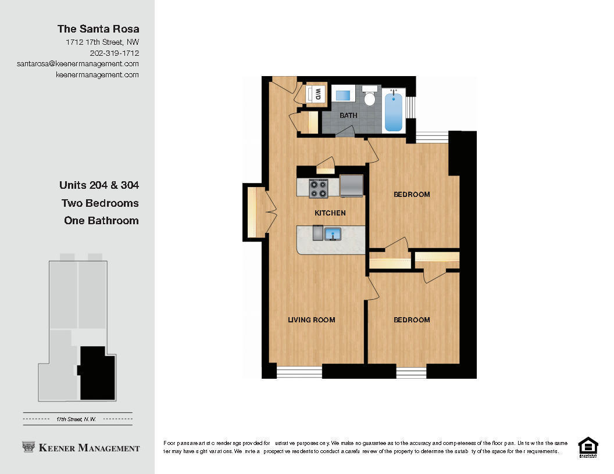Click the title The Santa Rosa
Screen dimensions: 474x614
pyautogui.click(x=98, y=29)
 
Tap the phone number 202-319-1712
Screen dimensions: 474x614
pyautogui.click(x=115, y=53)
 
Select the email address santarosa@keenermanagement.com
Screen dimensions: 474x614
pyautogui.click(x=78, y=64)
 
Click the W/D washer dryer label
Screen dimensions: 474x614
pyautogui.click(x=317, y=94)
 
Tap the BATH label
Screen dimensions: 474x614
pyautogui.click(x=348, y=116)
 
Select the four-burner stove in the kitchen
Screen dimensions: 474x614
pyautogui.click(x=318, y=188)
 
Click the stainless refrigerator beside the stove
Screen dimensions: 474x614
pyautogui.click(x=351, y=186)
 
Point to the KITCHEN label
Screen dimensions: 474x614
pyautogui.click(x=330, y=213)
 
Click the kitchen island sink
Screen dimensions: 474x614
pyautogui.click(x=333, y=234)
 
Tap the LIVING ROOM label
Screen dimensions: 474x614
pyautogui.click(x=312, y=320)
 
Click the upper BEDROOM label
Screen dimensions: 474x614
pyautogui.click(x=412, y=195)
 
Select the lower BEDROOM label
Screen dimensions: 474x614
pyautogui.click(x=412, y=320)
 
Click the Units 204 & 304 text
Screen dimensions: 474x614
pyautogui.click(x=99, y=186)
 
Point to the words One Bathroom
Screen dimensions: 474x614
pyautogui.click(x=101, y=221)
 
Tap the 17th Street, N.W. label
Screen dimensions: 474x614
pyautogui.click(x=76, y=419)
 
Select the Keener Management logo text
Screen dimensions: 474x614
pyautogui.click(x=81, y=448)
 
